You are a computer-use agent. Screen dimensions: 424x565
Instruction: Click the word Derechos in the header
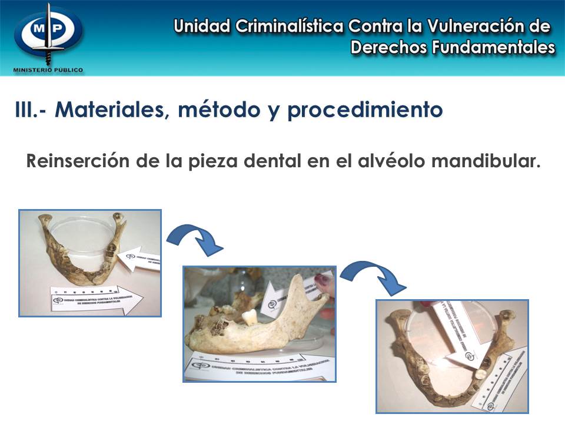point(388,48)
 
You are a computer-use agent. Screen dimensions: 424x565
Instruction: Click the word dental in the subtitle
point(275,161)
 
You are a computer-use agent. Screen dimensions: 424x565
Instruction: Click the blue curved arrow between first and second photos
point(194,238)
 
